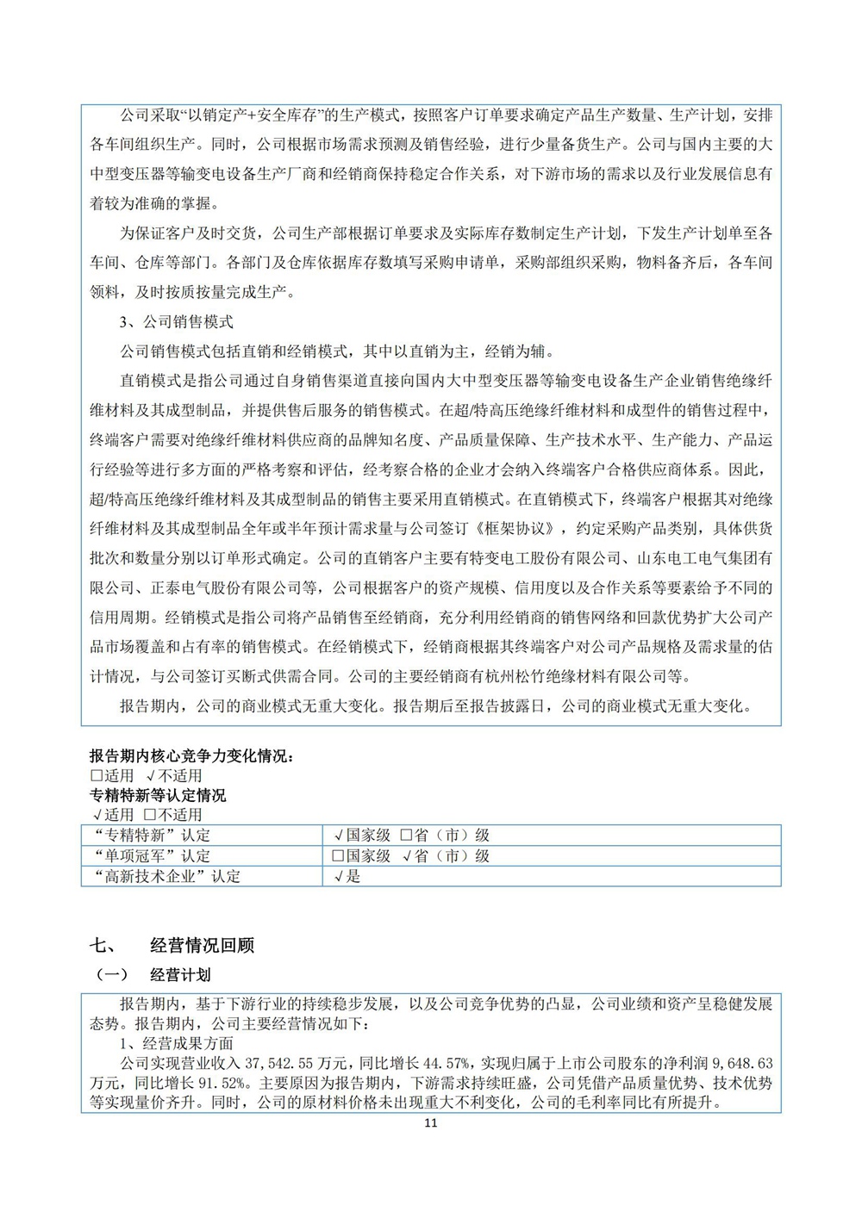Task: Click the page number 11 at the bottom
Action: click(x=432, y=1123)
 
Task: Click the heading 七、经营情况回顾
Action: click(x=172, y=945)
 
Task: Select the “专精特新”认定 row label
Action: click(x=151, y=836)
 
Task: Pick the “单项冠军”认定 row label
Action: click(x=151, y=856)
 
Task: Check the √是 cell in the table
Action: click(x=347, y=877)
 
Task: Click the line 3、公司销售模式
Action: click(x=177, y=322)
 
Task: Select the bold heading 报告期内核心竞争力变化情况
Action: click(x=191, y=756)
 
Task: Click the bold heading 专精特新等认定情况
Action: click(x=158, y=796)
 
